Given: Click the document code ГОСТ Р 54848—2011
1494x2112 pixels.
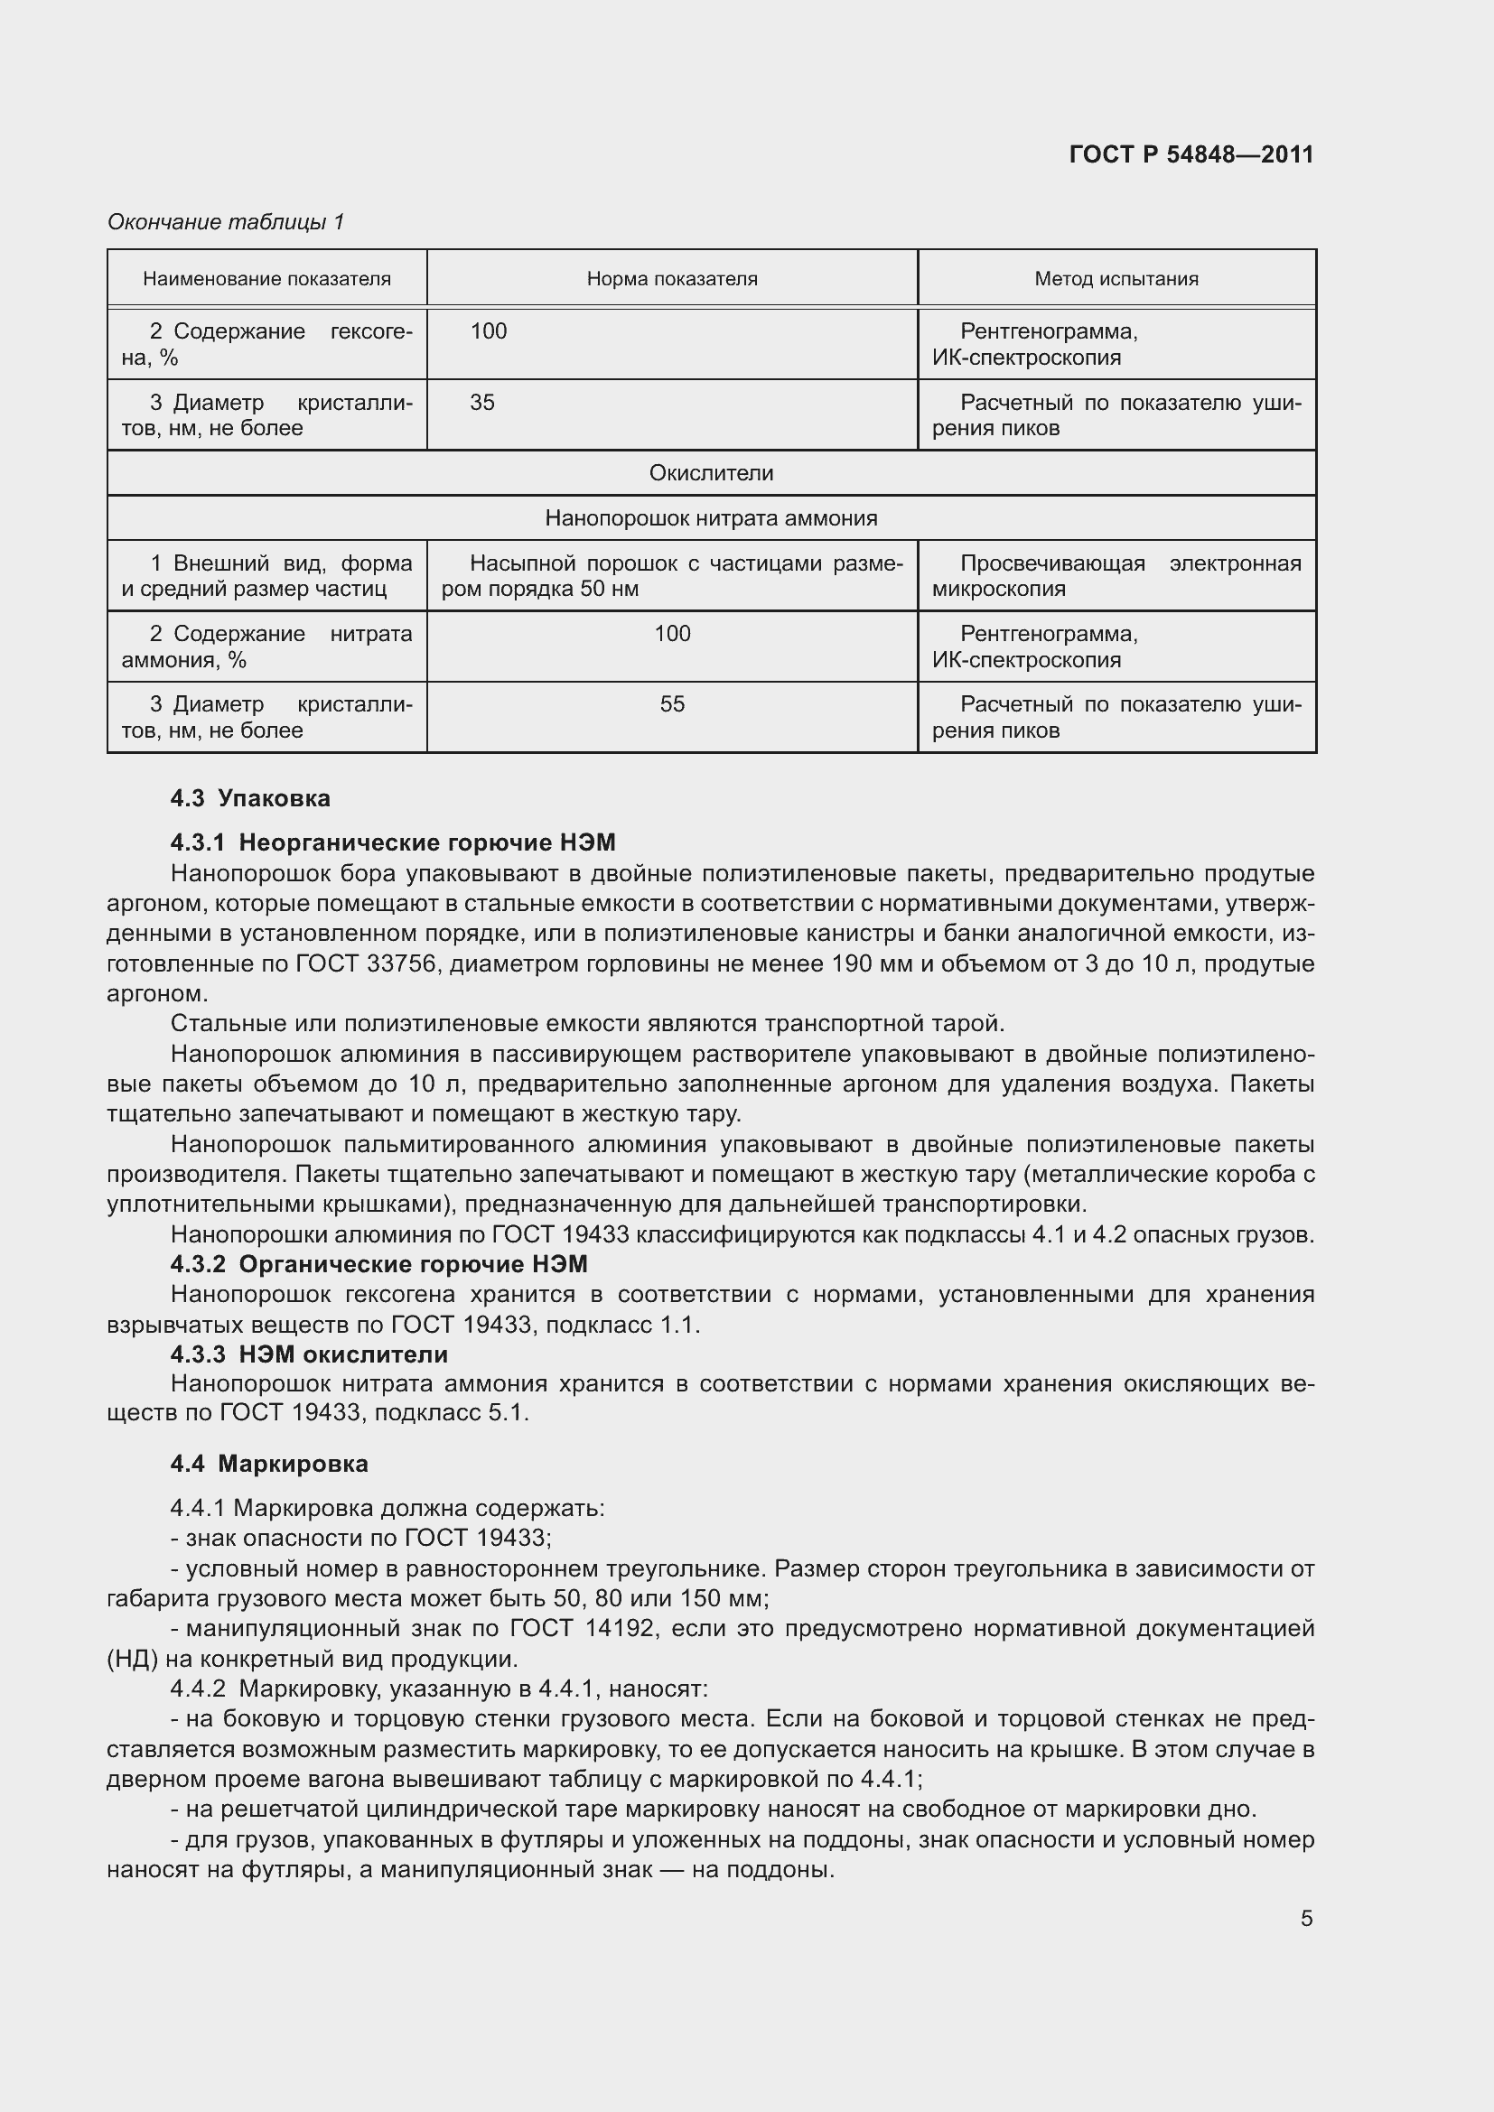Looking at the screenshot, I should tap(1191, 154).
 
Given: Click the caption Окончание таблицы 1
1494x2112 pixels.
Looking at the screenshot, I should tap(226, 222).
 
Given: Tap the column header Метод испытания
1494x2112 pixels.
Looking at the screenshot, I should tap(1116, 279).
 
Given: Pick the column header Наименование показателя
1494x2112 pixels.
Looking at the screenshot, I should tap(266, 279).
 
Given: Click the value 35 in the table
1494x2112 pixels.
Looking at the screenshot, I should tap(482, 403).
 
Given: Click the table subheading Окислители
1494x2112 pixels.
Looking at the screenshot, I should tap(711, 473).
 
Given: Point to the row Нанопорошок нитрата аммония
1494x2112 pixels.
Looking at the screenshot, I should tap(711, 518).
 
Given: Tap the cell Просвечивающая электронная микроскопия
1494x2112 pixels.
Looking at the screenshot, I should tap(1116, 576).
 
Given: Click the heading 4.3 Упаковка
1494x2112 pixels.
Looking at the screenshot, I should tap(250, 798).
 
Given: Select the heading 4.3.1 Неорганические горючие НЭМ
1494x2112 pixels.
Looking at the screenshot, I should tap(393, 842).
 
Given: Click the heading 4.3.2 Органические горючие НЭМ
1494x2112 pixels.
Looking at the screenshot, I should tap(379, 1264).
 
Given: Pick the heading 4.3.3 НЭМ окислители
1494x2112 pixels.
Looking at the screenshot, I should tap(309, 1354).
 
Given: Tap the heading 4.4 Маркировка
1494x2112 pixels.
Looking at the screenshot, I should tap(269, 1464).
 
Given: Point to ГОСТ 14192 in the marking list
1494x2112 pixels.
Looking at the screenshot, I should tap(582, 1629).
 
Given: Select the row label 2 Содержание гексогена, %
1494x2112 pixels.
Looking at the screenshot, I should tap(266, 344).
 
